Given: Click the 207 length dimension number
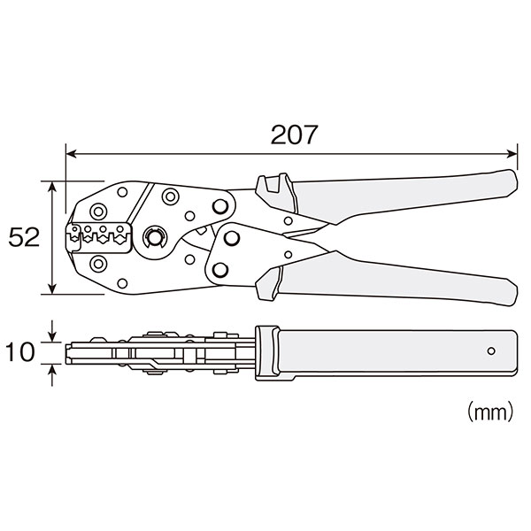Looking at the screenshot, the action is pyautogui.click(x=294, y=135).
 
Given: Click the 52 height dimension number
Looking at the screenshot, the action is pyautogui.click(x=24, y=237).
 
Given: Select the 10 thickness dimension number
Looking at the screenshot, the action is pyautogui.click(x=20, y=352).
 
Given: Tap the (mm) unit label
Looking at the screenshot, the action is pyautogui.click(x=490, y=412).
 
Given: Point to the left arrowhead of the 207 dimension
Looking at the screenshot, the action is pyautogui.click(x=71, y=154).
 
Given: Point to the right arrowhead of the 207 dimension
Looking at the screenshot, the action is pyautogui.click(x=512, y=154).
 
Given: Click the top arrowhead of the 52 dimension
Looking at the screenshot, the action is pyautogui.click(x=52, y=187).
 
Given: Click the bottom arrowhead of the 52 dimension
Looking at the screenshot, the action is pyautogui.click(x=52, y=289).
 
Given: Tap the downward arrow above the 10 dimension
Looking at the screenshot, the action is pyautogui.click(x=52, y=331).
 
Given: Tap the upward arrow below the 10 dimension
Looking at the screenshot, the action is pyautogui.click(x=52, y=375).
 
